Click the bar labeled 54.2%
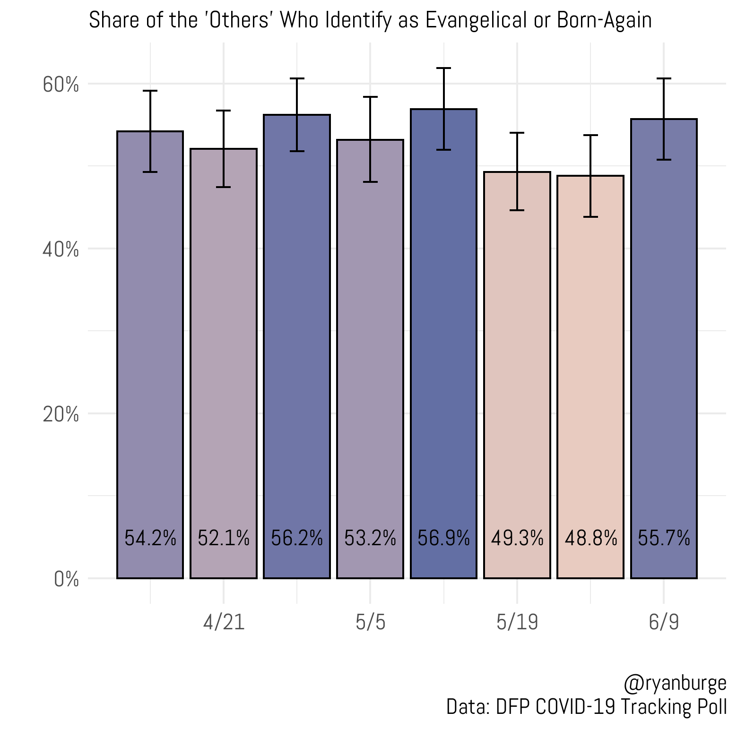(x=150, y=354)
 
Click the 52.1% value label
(x=224, y=538)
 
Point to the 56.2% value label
(x=297, y=538)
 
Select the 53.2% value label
(x=370, y=538)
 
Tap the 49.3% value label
(x=517, y=538)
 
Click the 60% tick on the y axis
(x=61, y=85)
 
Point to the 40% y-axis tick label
(x=61, y=249)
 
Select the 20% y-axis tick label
(x=61, y=414)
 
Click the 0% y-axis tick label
(x=66, y=579)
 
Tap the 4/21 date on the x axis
(x=224, y=622)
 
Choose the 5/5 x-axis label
(x=371, y=622)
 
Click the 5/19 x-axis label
(x=517, y=622)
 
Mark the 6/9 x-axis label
(x=664, y=622)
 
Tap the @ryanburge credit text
(x=675, y=683)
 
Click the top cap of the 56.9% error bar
(x=443, y=69)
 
